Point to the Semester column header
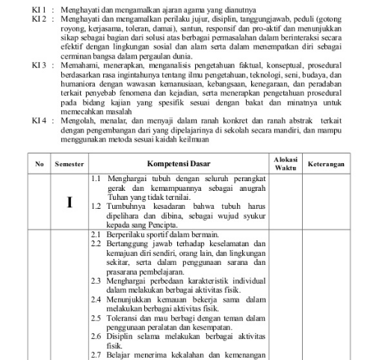point(69,162)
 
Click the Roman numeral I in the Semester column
point(69,202)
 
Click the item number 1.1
point(96,180)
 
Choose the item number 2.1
point(96,235)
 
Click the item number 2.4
point(96,297)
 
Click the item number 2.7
point(96,354)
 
